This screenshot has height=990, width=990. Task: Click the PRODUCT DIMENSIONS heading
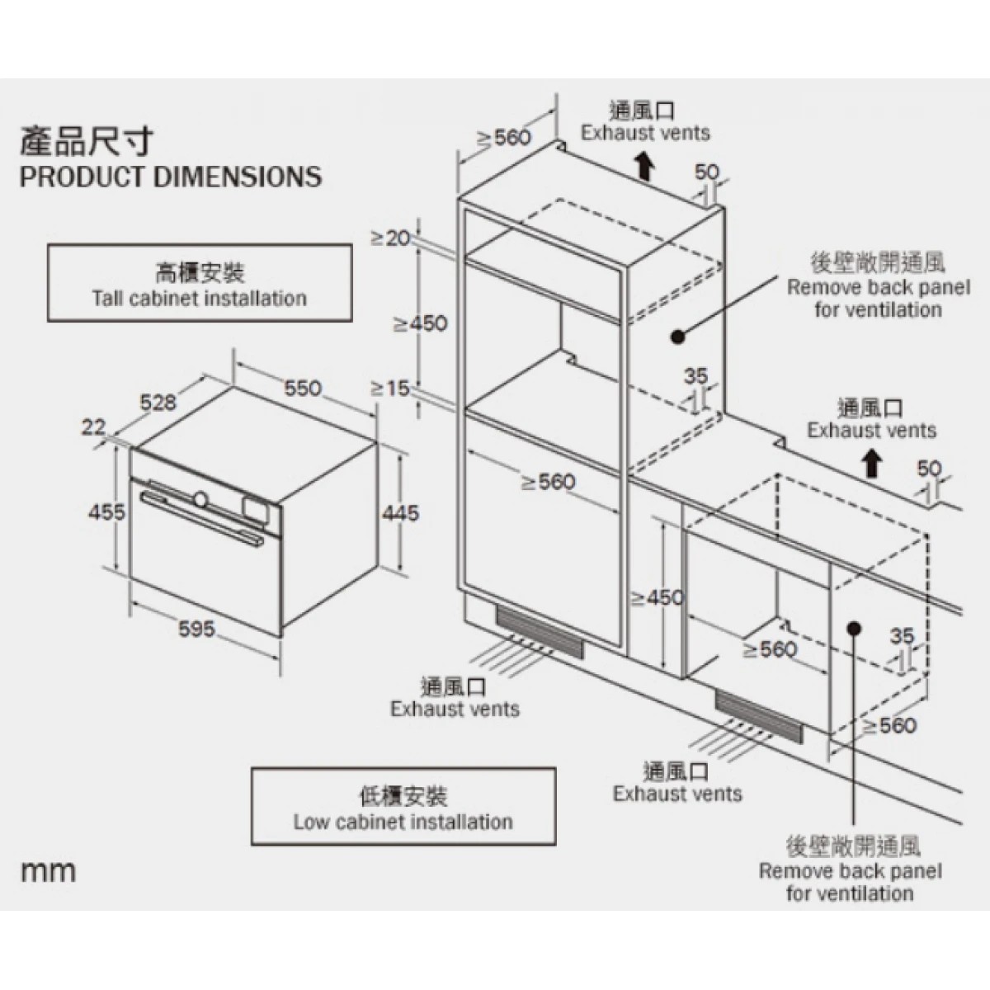tap(171, 177)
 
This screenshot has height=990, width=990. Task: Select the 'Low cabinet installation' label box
tap(403, 808)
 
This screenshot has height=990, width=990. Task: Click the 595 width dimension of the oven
tap(196, 629)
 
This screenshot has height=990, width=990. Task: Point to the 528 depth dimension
tap(158, 402)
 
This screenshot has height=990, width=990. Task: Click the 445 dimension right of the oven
tap(400, 512)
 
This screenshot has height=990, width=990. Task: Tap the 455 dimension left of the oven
tap(107, 511)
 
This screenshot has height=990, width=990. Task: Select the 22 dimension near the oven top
tap(94, 427)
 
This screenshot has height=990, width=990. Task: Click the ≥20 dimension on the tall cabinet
tap(389, 238)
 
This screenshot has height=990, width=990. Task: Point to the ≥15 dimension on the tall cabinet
tap(389, 387)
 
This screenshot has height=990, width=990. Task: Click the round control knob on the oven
tap(200, 498)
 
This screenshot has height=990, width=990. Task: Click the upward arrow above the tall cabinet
tap(644, 167)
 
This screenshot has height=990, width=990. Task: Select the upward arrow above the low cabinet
tap(870, 464)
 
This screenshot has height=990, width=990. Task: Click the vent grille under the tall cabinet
tap(540, 634)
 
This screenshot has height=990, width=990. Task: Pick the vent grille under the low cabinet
tap(758, 717)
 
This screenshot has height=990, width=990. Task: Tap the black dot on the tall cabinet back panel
tap(678, 336)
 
